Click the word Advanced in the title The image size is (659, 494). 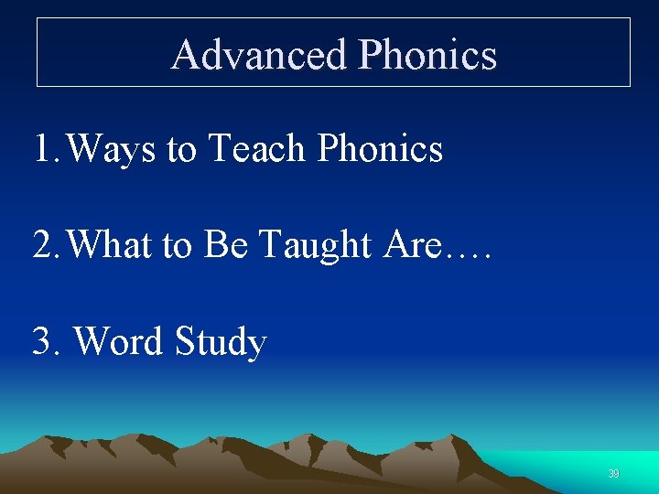pos(259,55)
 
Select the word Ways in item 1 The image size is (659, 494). pos(111,149)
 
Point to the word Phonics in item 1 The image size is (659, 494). pos(380,148)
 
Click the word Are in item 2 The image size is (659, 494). pos(414,244)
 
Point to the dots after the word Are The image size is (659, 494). pos(470,256)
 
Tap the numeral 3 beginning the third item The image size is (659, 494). pos(42,341)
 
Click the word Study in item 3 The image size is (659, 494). pos(221,342)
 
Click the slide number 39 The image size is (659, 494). pos(613,474)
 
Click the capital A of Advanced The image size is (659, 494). pos(186,55)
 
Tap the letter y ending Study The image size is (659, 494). pos(257,347)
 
